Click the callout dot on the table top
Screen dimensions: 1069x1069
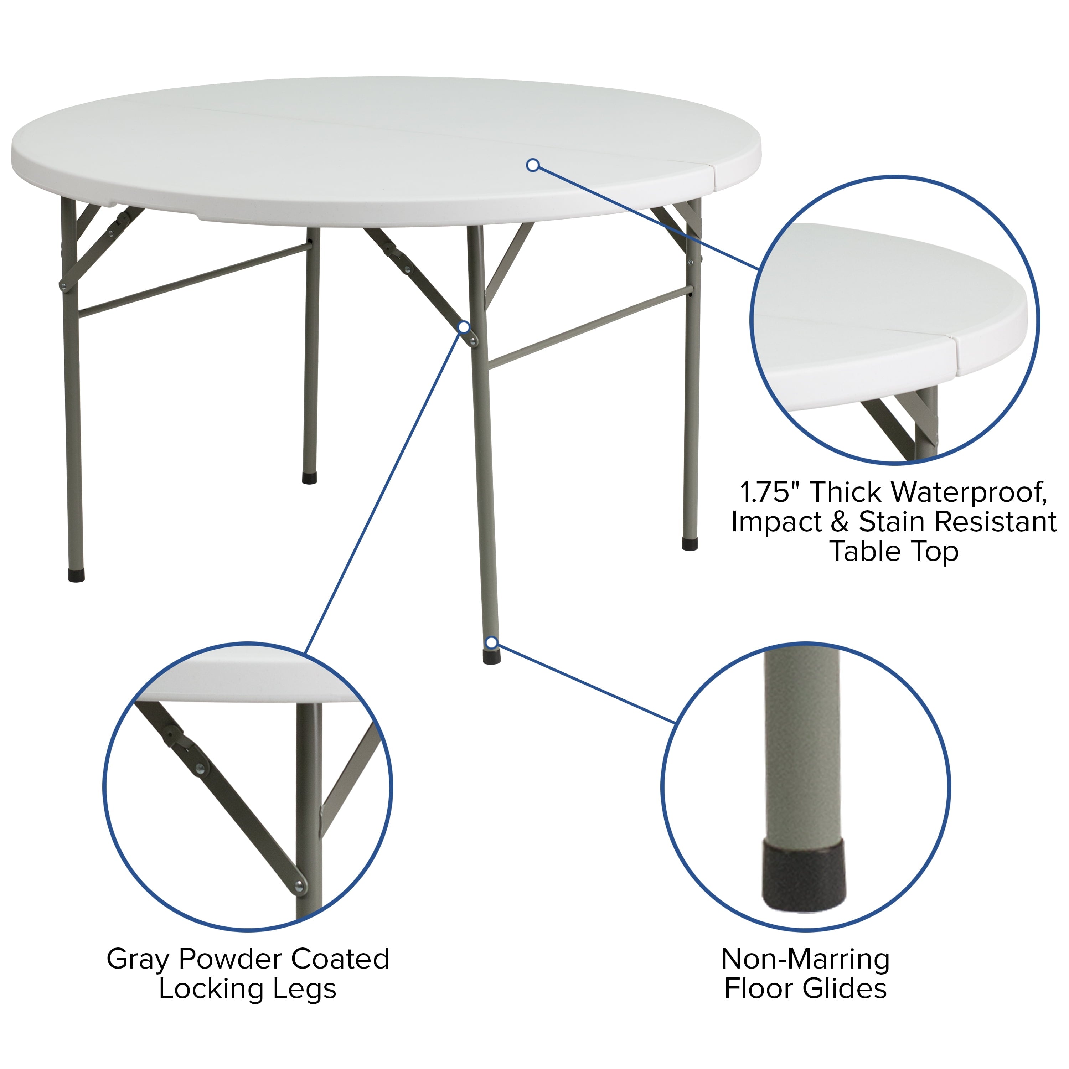click(533, 165)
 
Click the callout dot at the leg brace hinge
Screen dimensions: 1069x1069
click(464, 327)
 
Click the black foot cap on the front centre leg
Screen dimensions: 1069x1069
click(492, 657)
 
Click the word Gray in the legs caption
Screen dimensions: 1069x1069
click(138, 960)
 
